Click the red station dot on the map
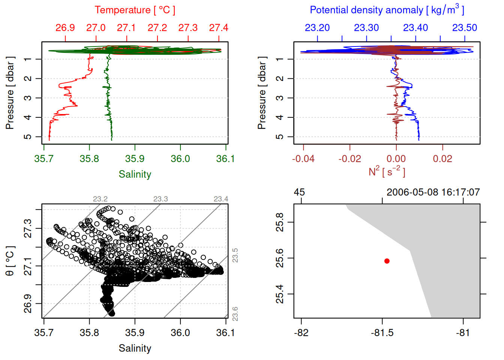[x=387, y=261]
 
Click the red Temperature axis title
[x=135, y=10]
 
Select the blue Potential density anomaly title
[x=387, y=10]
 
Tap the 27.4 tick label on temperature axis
[x=219, y=28]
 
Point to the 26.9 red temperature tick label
[x=65, y=28]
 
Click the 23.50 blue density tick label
[x=465, y=28]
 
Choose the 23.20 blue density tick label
[x=317, y=28]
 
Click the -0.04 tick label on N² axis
[x=303, y=159]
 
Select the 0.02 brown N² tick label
[x=442, y=159]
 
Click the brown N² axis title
[x=387, y=171]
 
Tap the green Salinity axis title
[x=135, y=174]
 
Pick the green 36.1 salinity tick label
[x=225, y=159]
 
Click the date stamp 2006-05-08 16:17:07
[x=433, y=192]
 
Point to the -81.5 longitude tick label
[x=382, y=333]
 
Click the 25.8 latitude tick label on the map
[x=280, y=222]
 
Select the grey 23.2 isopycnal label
[x=100, y=199]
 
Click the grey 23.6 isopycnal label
[x=235, y=313]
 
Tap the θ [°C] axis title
[x=10, y=261]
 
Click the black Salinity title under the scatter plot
[x=135, y=348]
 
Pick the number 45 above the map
[x=299, y=192]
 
